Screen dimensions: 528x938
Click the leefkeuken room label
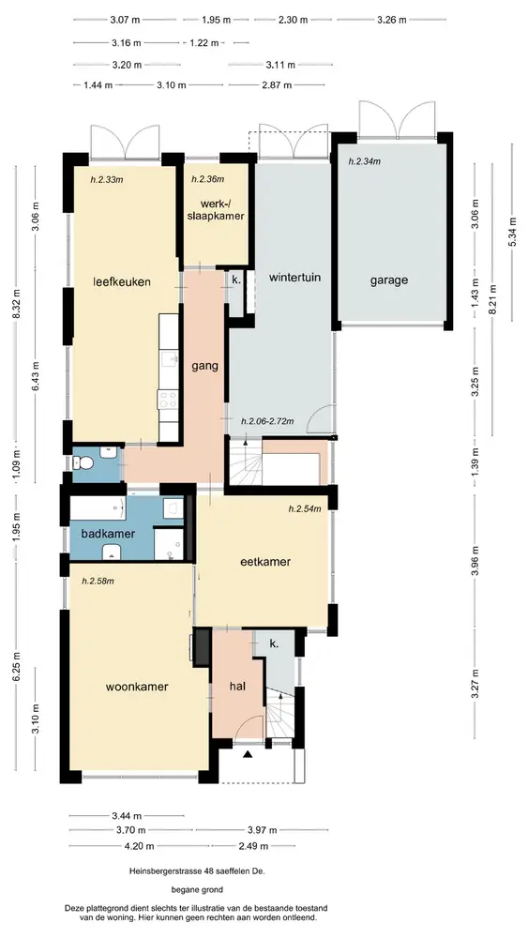coord(121,281)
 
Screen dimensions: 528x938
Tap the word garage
coord(388,280)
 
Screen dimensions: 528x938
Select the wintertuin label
coord(294,278)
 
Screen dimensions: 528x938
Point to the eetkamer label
coord(265,562)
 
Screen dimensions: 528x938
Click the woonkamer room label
coord(137,687)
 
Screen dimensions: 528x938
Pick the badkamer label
coord(108,534)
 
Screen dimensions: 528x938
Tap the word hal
coord(238,687)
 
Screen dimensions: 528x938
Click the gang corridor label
coord(204,366)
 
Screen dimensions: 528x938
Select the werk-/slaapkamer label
coord(216,209)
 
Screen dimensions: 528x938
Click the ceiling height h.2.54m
coord(305,509)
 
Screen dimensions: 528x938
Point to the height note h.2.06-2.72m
coord(267,421)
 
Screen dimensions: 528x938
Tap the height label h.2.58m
coord(98,581)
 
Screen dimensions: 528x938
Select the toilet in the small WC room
coord(83,463)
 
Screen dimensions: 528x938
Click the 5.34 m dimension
coord(512,232)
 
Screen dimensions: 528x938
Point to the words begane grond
coord(197,889)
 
